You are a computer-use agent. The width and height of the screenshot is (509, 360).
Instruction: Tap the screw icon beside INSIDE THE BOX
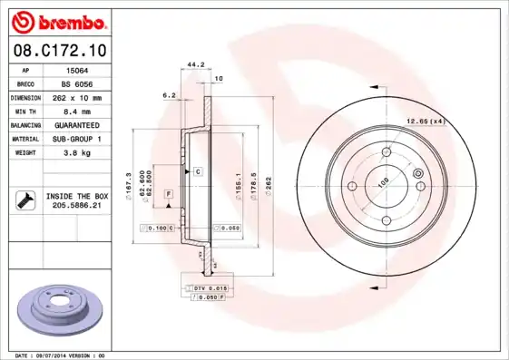pos(24,199)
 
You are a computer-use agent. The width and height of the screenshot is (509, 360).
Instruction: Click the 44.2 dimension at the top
pos(192,64)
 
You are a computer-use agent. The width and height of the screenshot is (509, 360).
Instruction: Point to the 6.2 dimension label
pos(168,94)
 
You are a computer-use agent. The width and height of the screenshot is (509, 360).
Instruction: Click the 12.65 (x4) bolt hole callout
pos(426,121)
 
